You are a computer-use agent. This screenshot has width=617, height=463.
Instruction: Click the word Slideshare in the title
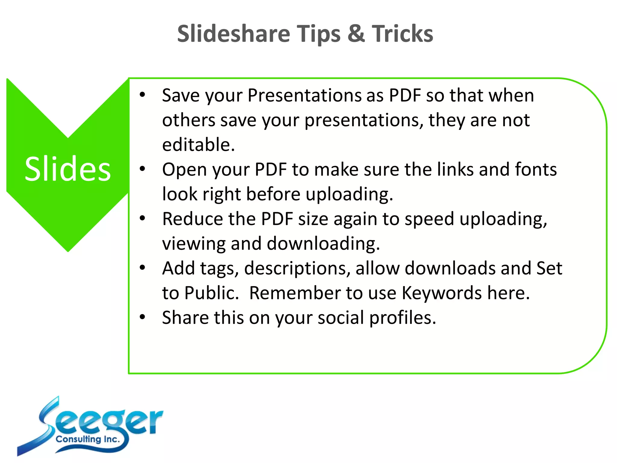tap(233, 34)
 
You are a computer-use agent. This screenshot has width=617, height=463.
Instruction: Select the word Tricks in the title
tap(402, 34)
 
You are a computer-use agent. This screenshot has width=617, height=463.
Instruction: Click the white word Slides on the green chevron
tap(68, 169)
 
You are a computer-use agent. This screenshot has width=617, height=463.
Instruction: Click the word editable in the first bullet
tap(198, 145)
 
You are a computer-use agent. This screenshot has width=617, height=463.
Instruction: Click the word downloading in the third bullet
tap(323, 244)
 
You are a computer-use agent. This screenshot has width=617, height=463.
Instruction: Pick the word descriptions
tap(297, 268)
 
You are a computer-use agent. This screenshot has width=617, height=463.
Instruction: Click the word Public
tap(211, 293)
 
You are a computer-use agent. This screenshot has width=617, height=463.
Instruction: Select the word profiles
tap(402, 318)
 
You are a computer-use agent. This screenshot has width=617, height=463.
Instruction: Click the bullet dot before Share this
tap(143, 317)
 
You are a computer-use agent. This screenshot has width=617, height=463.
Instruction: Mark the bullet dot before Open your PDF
tap(143, 169)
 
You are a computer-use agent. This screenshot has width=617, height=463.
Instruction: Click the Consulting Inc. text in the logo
tap(88, 439)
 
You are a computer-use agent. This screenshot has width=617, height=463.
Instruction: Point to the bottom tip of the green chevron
tap(68, 250)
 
